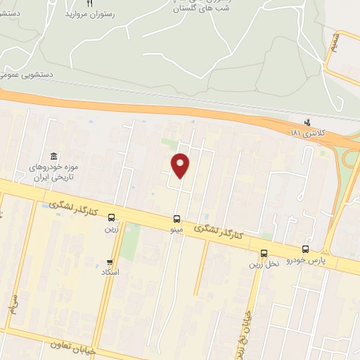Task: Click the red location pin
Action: click(x=181, y=165)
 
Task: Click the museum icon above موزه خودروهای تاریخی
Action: click(x=53, y=156)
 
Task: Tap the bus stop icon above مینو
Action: click(x=176, y=218)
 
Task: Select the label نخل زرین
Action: click(x=264, y=264)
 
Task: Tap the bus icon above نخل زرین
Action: click(x=264, y=253)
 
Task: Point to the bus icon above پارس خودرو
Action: click(x=305, y=249)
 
